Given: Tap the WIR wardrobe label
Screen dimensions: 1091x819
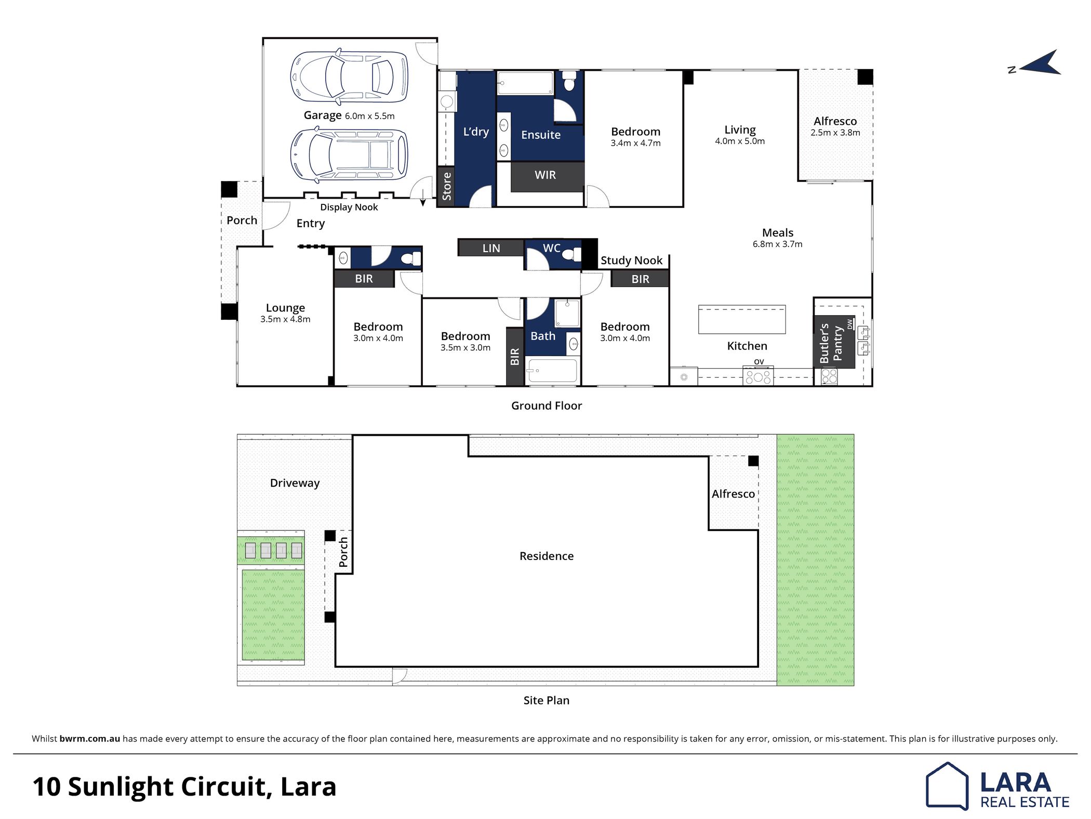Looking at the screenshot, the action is (545, 175).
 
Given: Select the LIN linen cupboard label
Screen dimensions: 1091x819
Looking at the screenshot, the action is (491, 249).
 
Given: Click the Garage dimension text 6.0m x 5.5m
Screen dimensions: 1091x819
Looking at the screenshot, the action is (369, 116).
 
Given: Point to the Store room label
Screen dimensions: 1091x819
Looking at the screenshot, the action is (447, 187).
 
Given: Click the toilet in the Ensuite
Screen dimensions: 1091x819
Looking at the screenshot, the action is (569, 81).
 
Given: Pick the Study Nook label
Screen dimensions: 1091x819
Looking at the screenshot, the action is (631, 261).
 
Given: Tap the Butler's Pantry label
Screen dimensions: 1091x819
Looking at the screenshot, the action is (831, 343).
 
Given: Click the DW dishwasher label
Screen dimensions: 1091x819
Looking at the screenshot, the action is (850, 324).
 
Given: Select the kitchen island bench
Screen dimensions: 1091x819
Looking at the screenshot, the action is (742, 319).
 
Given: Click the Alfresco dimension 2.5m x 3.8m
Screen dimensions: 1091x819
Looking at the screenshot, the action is (835, 133).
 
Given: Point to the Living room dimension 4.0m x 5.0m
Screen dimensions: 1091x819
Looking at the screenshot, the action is (740, 141).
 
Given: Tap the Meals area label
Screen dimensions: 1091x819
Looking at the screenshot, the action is (778, 233).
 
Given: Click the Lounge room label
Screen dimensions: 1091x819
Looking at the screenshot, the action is (285, 308).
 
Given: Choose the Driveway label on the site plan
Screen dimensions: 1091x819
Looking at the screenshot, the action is (295, 483).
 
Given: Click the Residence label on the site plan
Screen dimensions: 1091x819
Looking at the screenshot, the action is (547, 556).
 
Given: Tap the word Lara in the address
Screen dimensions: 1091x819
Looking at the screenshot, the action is (308, 786).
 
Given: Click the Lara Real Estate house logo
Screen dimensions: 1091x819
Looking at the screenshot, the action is (947, 786).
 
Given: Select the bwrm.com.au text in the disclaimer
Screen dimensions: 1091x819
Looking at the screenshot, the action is (90, 738).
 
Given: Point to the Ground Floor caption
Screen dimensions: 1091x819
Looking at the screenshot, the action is (547, 406).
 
